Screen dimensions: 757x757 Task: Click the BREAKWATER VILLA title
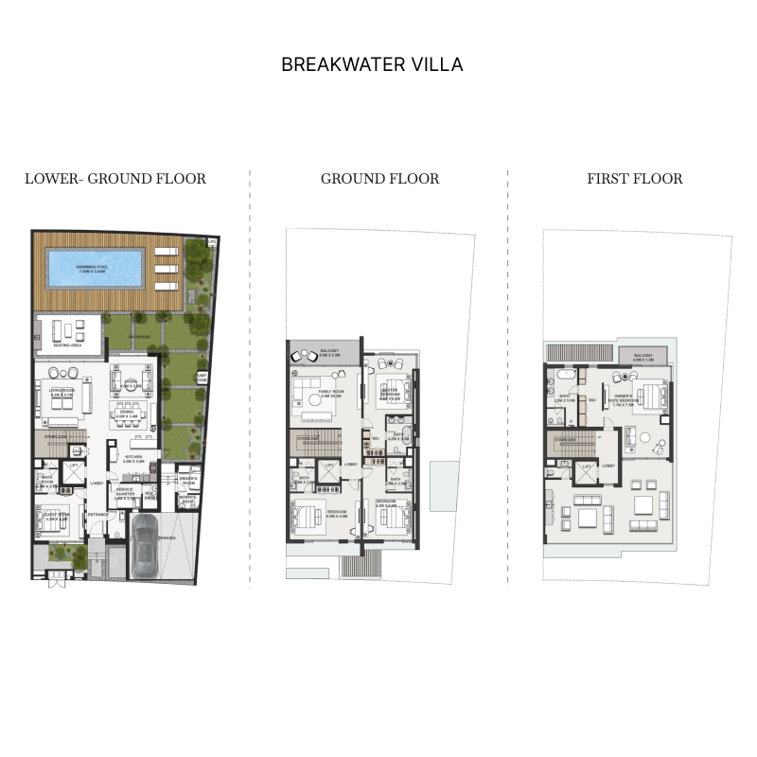coord(372,65)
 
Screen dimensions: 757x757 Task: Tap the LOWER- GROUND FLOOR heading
coord(115,179)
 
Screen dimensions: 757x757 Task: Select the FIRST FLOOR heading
coord(634,179)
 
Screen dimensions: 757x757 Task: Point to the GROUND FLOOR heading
coord(379,179)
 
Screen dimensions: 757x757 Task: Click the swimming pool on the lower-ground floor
coord(94,268)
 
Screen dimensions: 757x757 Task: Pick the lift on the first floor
coord(587,468)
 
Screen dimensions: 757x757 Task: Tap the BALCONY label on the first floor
coord(644,358)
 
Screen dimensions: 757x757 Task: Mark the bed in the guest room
coord(53,519)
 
